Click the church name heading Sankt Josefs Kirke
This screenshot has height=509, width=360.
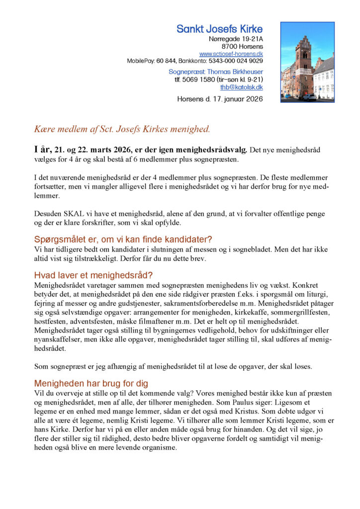coord(219,29)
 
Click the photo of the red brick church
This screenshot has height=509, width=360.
coord(307,62)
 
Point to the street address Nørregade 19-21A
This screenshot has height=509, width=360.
coord(236,39)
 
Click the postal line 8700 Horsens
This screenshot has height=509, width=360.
coord(242,46)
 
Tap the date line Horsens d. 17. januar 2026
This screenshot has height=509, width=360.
coord(220,99)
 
